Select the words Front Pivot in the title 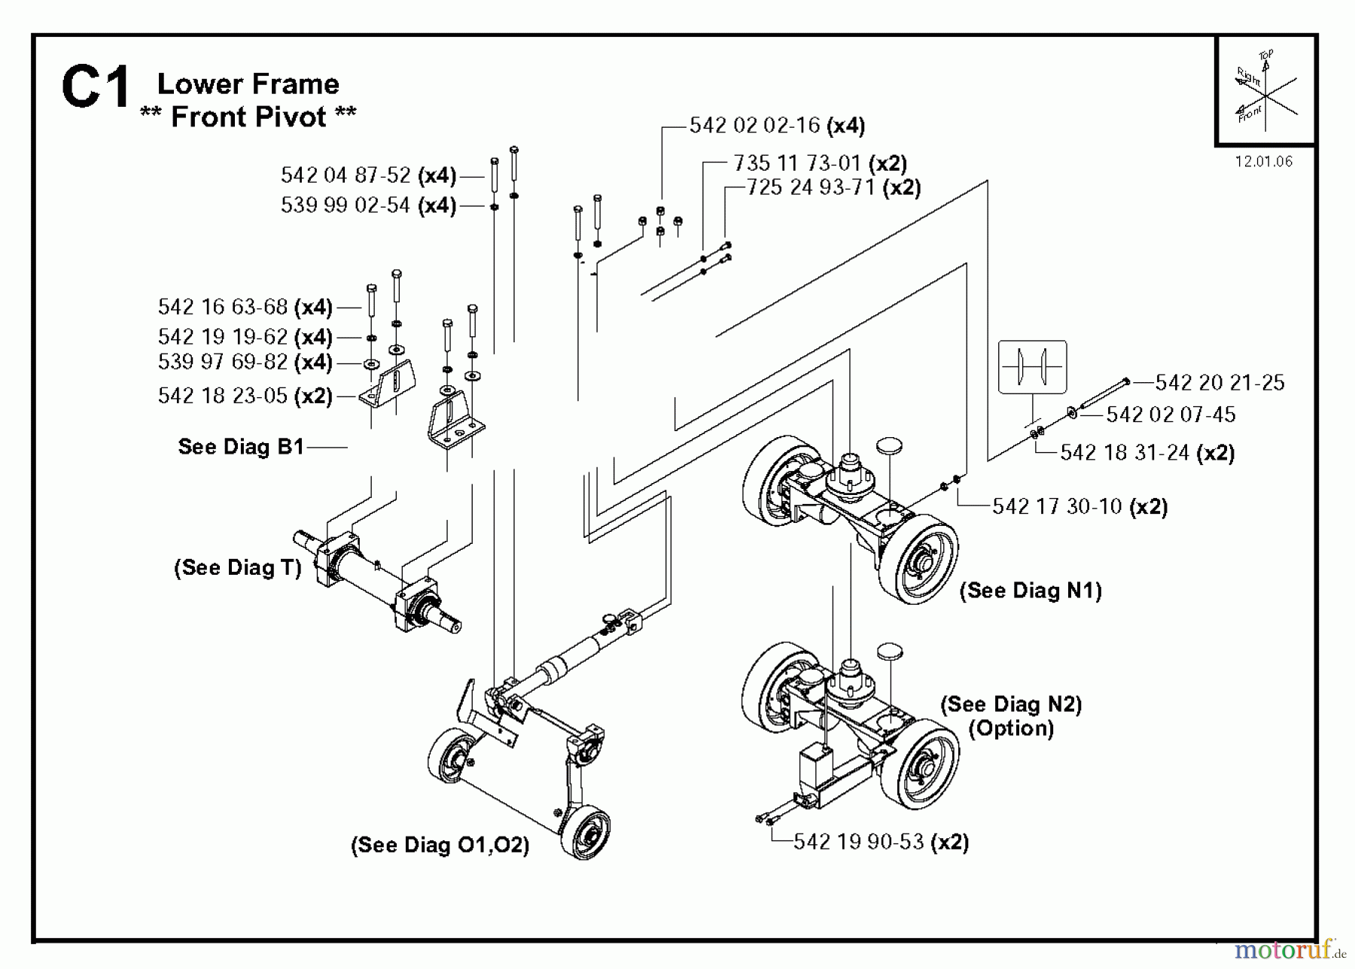tap(248, 117)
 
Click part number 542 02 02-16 tap(754, 125)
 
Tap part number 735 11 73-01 tap(796, 163)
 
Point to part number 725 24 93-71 tap(810, 187)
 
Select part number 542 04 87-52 tap(346, 175)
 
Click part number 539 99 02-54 tap(346, 205)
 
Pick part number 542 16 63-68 tap(223, 307)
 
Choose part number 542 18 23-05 tap(223, 396)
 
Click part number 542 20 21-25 tap(1219, 383)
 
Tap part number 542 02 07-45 tap(1171, 415)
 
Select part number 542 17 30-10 tap(1057, 506)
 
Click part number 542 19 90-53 tap(858, 842)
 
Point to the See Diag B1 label tap(241, 447)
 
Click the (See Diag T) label tap(238, 567)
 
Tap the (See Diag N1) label tap(1031, 591)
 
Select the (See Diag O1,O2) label tap(440, 845)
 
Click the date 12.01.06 tap(1263, 162)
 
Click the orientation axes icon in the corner tap(1265, 91)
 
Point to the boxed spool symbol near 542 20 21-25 tap(1032, 367)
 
